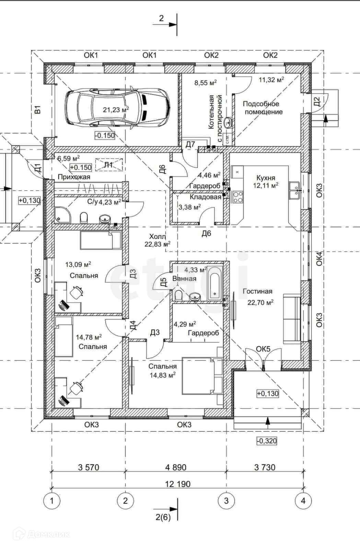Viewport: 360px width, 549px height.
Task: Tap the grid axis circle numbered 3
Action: coord(226,501)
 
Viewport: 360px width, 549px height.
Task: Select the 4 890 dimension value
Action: coord(176,467)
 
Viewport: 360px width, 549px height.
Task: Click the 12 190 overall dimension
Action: coord(178,484)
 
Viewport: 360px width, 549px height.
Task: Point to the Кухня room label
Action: coord(266,177)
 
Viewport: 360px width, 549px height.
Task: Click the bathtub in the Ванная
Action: coord(215,283)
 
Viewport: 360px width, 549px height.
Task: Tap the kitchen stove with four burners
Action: coord(237,197)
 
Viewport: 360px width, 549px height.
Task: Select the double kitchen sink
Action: coord(294,190)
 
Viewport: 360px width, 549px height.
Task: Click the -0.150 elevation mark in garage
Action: coord(105,135)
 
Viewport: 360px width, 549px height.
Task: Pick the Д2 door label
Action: coord(317,102)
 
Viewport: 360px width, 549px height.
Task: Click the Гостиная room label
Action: coord(258,291)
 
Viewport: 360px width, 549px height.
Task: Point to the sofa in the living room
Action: coord(292,319)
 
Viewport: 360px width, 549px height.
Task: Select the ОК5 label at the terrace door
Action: coord(263,349)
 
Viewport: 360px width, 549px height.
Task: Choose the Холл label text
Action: coord(157,236)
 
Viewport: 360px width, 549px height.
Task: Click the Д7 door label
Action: coord(190,144)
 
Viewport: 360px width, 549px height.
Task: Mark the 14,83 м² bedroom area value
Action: coord(162,375)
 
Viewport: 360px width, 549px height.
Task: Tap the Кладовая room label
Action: coord(205,197)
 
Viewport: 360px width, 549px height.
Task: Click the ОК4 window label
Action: coord(319,259)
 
